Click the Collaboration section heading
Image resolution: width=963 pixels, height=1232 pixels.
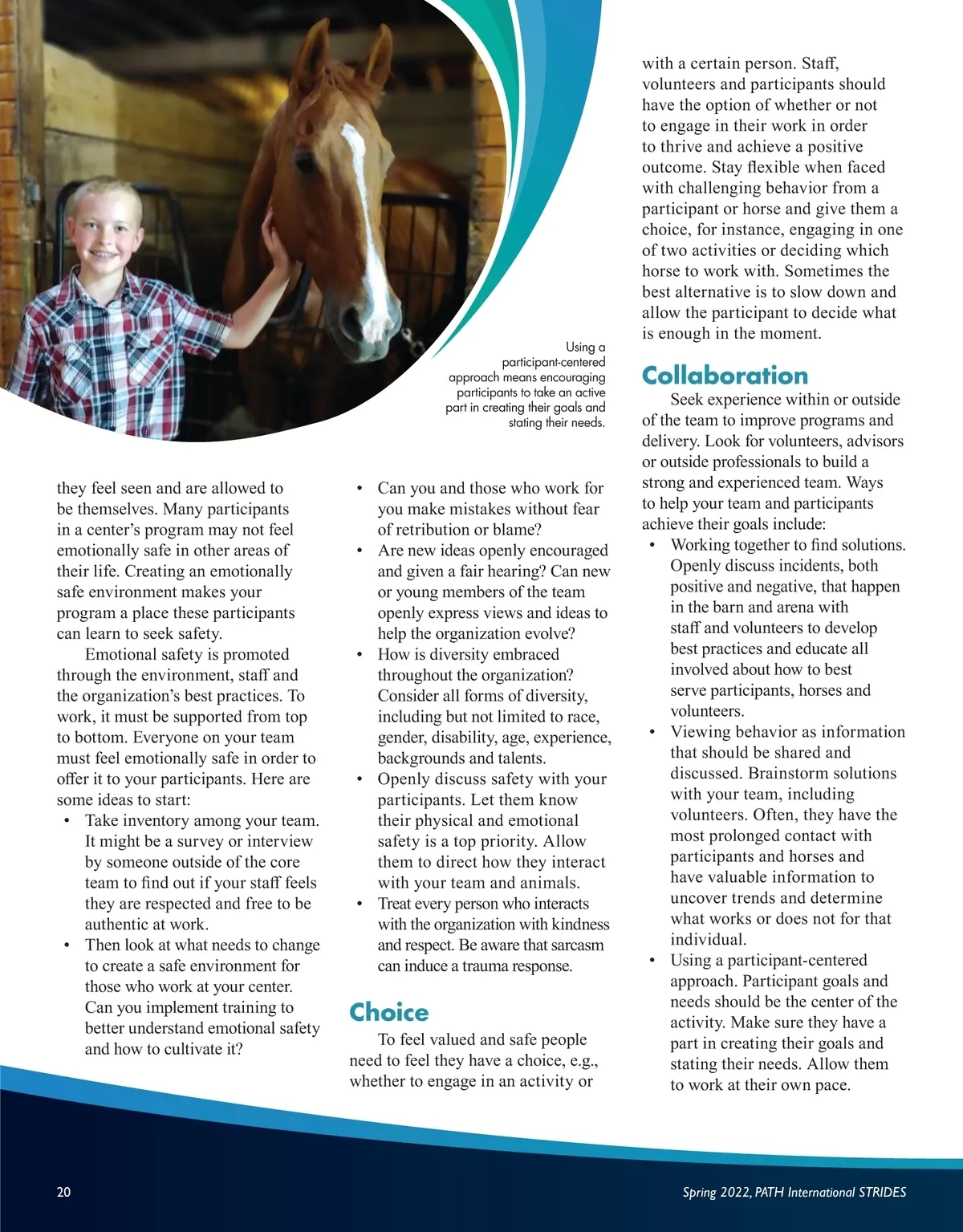725,376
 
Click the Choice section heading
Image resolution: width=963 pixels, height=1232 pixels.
389,1012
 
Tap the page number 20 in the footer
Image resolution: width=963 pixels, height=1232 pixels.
63,1192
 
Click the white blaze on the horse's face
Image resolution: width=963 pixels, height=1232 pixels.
365,201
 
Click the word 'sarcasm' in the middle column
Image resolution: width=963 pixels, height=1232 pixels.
575,945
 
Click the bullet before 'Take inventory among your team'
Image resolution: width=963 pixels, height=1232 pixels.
68,821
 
